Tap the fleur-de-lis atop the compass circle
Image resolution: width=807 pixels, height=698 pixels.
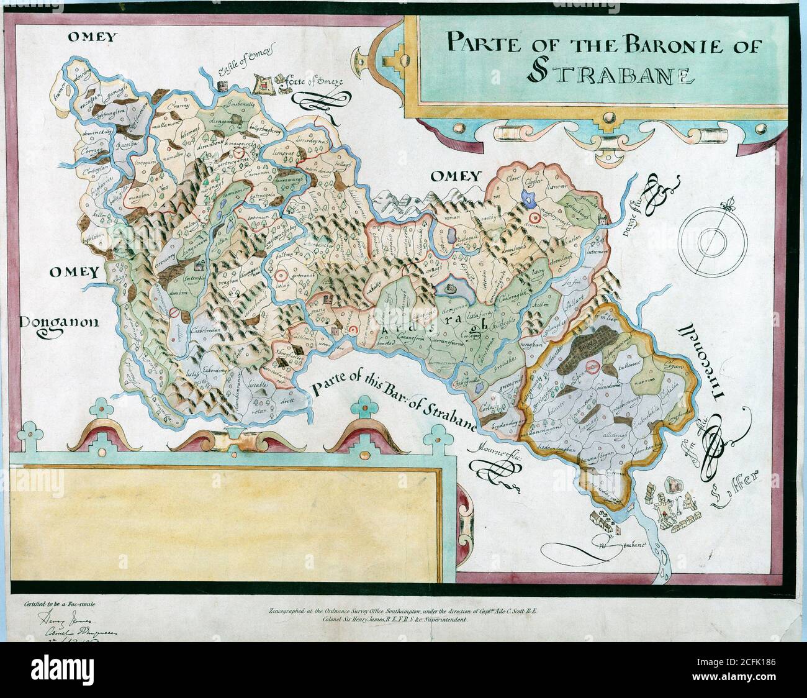tap(724, 204)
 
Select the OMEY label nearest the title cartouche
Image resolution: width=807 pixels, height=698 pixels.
tap(456, 176)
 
